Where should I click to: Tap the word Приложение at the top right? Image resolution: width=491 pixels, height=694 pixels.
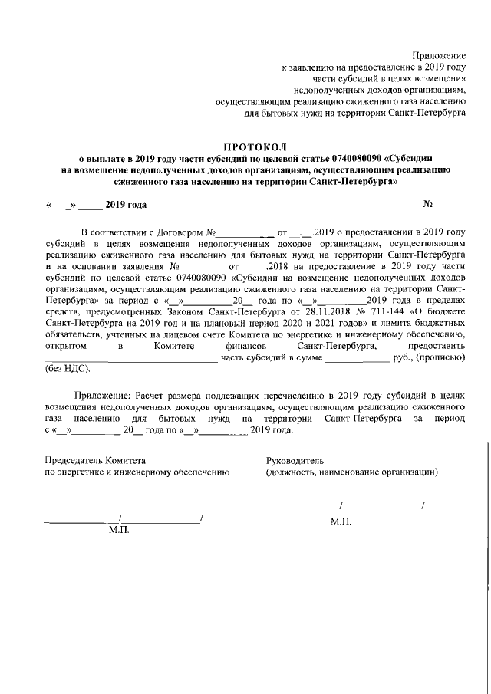[x=439, y=55]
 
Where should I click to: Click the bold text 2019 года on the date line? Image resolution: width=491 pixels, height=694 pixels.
[x=126, y=205]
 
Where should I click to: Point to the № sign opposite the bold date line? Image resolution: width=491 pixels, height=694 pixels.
[x=428, y=205]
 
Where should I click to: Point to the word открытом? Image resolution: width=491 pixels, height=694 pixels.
[x=67, y=347]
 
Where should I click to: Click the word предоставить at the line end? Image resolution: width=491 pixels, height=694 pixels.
[x=437, y=347]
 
